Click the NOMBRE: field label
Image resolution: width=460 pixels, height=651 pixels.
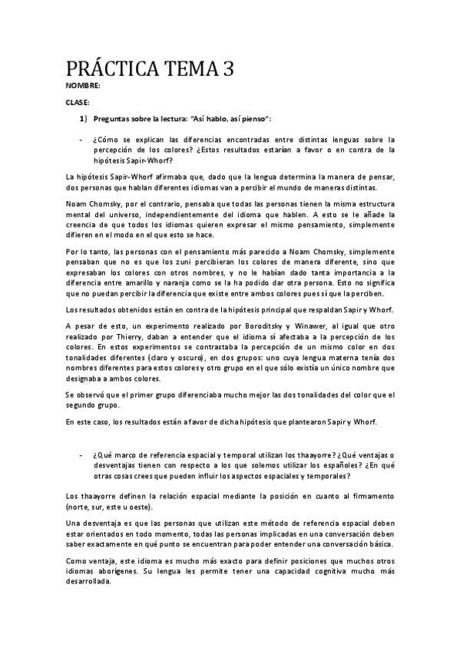[83, 86]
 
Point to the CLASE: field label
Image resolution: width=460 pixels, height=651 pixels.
[78, 102]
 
